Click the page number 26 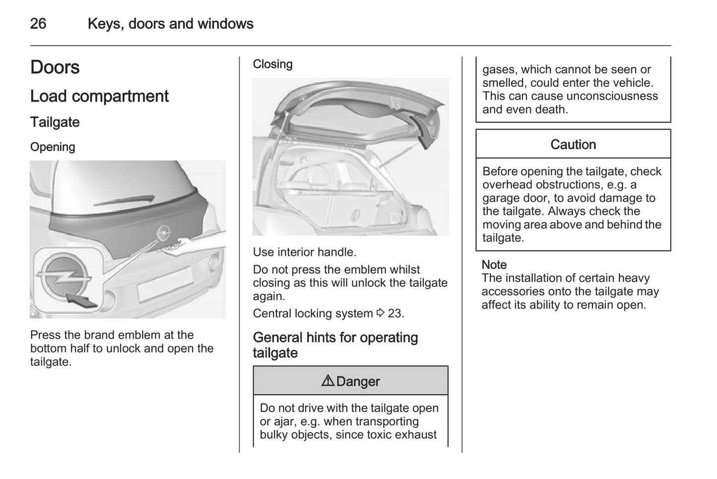[x=38, y=23]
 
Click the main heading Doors [x=55, y=67]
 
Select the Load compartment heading [x=99, y=96]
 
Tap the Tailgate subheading [x=55, y=122]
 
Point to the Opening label [x=53, y=147]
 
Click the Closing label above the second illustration [x=272, y=64]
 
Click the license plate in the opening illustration [x=165, y=285]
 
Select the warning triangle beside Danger [x=327, y=381]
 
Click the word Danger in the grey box [x=358, y=381]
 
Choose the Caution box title [x=573, y=144]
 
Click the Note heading [x=494, y=265]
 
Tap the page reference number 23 [x=395, y=313]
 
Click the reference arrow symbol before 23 [x=381, y=313]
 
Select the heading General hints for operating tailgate [x=335, y=345]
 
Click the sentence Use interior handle [x=305, y=252]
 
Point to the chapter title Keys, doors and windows [x=170, y=23]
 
